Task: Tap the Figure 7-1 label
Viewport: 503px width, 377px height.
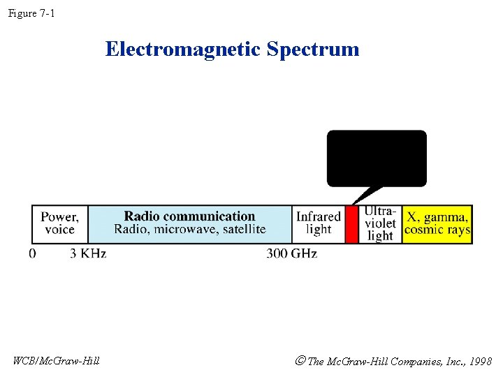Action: (31, 13)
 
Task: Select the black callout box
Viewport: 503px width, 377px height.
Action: (377, 158)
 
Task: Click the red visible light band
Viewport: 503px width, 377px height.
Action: (352, 224)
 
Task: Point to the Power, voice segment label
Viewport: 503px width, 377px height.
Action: (60, 223)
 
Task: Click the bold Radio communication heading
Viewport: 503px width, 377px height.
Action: (189, 216)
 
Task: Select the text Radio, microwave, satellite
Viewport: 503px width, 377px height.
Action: (189, 230)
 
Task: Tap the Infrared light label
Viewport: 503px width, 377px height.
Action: (319, 223)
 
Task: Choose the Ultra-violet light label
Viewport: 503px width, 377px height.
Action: (380, 223)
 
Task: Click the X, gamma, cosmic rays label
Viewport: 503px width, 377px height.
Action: (437, 223)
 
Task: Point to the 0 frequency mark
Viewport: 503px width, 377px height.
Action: (33, 253)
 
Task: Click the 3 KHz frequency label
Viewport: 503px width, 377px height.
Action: (88, 253)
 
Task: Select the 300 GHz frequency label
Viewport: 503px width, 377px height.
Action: (291, 253)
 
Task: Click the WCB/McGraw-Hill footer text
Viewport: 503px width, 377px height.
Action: (57, 361)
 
